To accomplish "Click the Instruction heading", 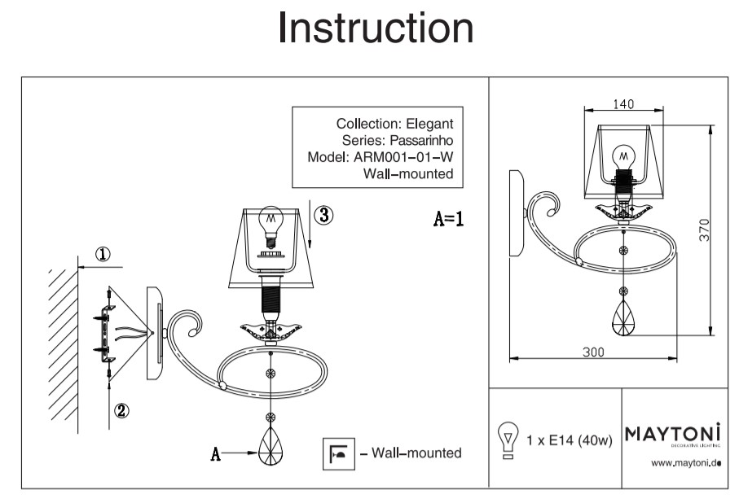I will [376, 29].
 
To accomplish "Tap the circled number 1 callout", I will [103, 254].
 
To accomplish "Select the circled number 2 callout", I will [121, 410].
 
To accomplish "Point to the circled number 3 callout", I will [323, 215].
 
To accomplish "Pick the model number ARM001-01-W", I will [403, 157].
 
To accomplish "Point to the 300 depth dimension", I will [594, 352].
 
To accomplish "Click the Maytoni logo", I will [673, 432].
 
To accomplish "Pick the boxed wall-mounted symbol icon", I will [337, 453].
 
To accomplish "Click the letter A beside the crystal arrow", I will [216, 454].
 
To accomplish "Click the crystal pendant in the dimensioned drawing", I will [624, 320].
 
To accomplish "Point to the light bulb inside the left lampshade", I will [270, 223].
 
